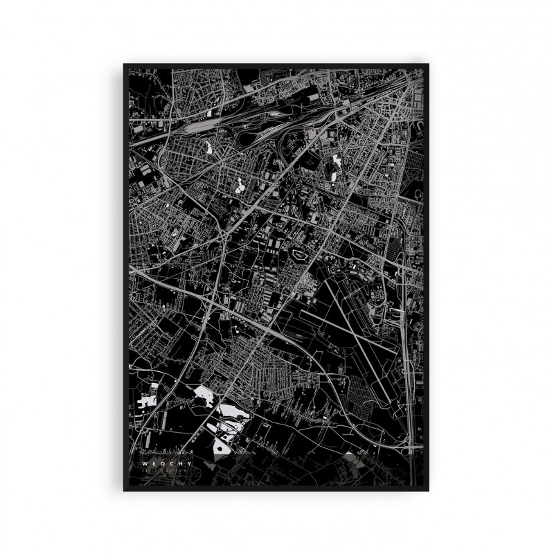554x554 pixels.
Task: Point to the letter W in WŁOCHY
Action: [144, 458]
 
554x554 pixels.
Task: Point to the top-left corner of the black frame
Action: [125, 64]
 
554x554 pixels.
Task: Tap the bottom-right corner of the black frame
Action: [431, 490]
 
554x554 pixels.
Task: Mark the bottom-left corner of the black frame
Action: [125, 490]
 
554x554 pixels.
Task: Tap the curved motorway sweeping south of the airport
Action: [332, 374]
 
